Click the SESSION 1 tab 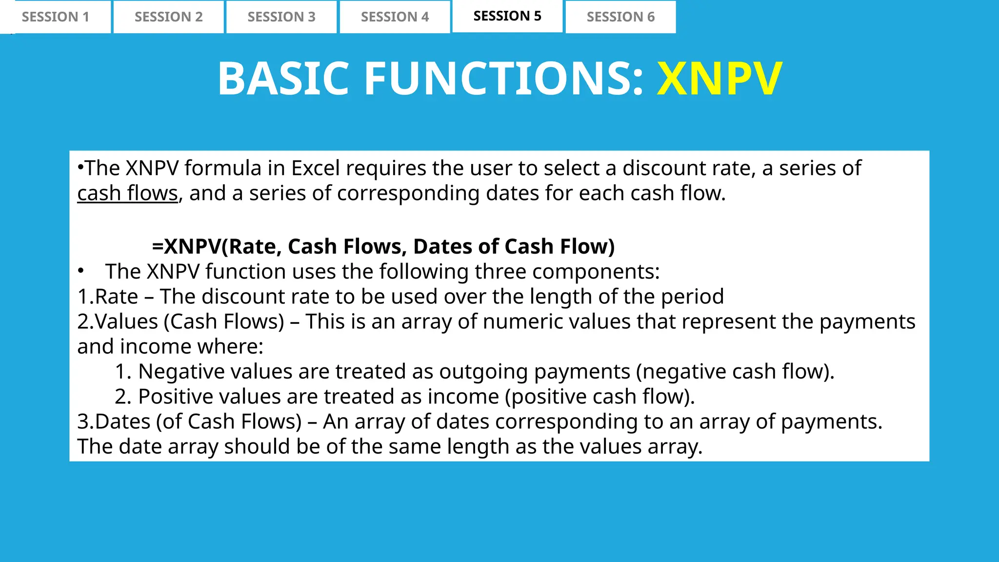click(x=56, y=17)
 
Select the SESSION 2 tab click(x=168, y=17)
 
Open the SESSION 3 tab click(x=281, y=17)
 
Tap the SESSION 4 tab click(x=395, y=17)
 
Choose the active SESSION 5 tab click(x=507, y=16)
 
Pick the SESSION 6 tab click(x=620, y=17)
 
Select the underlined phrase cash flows click(x=127, y=194)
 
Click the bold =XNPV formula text click(x=383, y=246)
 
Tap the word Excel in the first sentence click(x=315, y=168)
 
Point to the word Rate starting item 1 click(x=116, y=297)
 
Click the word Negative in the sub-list click(x=181, y=372)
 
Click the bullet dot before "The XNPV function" click(x=81, y=271)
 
